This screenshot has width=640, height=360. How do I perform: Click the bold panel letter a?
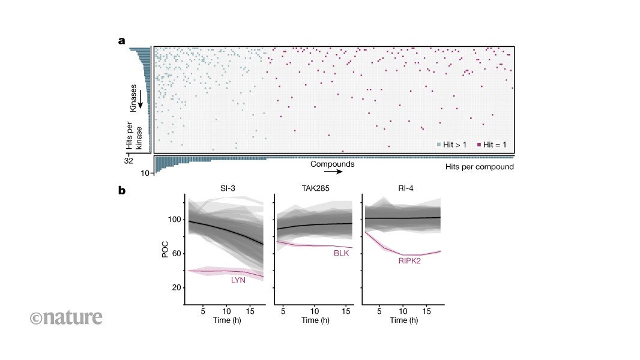click(x=121, y=41)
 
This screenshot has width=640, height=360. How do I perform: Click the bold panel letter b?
click(x=122, y=191)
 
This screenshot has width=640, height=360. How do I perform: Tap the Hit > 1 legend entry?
click(x=453, y=145)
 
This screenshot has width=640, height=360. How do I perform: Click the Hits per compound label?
click(x=480, y=167)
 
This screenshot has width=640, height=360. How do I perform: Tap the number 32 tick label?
click(x=128, y=161)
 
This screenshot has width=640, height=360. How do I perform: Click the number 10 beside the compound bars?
click(x=145, y=173)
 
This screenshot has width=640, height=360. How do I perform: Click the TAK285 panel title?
click(x=314, y=188)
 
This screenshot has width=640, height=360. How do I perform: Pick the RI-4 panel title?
click(x=403, y=188)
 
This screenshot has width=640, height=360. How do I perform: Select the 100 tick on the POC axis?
click(x=174, y=220)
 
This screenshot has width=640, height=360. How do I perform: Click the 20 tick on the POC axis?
click(x=177, y=287)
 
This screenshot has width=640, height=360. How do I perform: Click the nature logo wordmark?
click(x=66, y=317)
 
